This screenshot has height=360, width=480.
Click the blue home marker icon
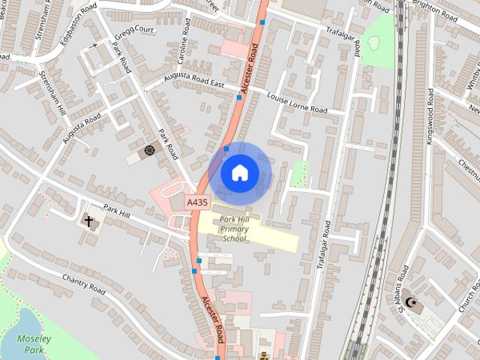click(x=239, y=173)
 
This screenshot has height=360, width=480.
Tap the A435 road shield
click(x=197, y=202)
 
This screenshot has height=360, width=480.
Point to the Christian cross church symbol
click(x=88, y=221)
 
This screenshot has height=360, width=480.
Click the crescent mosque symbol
click(x=410, y=303)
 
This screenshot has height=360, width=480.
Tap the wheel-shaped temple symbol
click(x=148, y=151)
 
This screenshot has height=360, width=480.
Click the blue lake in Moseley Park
click(x=16, y=320)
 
